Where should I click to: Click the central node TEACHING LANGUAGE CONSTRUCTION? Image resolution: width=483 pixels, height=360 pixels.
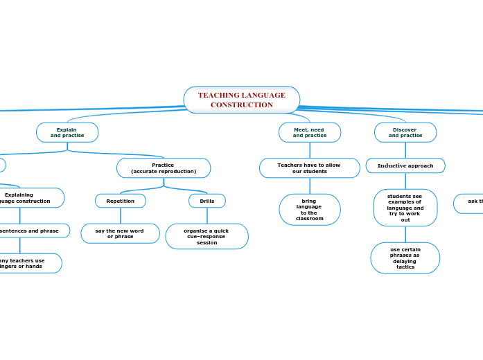coord(241,100)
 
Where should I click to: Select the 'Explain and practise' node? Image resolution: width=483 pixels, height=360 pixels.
coord(67,132)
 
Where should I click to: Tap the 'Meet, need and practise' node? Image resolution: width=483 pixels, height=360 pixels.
coord(309,132)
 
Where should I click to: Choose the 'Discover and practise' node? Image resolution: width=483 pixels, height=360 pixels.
coord(405,132)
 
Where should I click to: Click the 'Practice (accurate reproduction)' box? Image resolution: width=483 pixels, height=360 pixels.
coord(164,168)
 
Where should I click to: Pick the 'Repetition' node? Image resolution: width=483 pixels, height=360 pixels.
coord(121,201)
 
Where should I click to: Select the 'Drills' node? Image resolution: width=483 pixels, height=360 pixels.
coord(207,201)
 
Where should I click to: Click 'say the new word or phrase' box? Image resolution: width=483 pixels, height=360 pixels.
coord(120,233)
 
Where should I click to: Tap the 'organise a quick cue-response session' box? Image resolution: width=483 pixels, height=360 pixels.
coord(207,236)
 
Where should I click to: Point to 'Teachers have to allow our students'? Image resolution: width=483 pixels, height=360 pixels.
coord(309,168)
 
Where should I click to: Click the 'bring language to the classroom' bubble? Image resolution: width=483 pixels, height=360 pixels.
coord(309,210)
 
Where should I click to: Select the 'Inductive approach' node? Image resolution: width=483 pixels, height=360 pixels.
coord(405,165)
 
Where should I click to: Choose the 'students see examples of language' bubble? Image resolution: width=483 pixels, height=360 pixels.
coord(405,208)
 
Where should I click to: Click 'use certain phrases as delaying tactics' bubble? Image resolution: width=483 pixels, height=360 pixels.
coord(405,258)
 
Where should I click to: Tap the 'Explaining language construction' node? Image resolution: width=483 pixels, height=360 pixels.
coord(28,198)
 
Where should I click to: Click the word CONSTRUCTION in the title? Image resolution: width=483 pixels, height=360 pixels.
coord(241,105)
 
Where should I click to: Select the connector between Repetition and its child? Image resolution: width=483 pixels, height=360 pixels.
coord(121,215)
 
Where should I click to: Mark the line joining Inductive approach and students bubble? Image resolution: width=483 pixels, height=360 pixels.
coord(405,181)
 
